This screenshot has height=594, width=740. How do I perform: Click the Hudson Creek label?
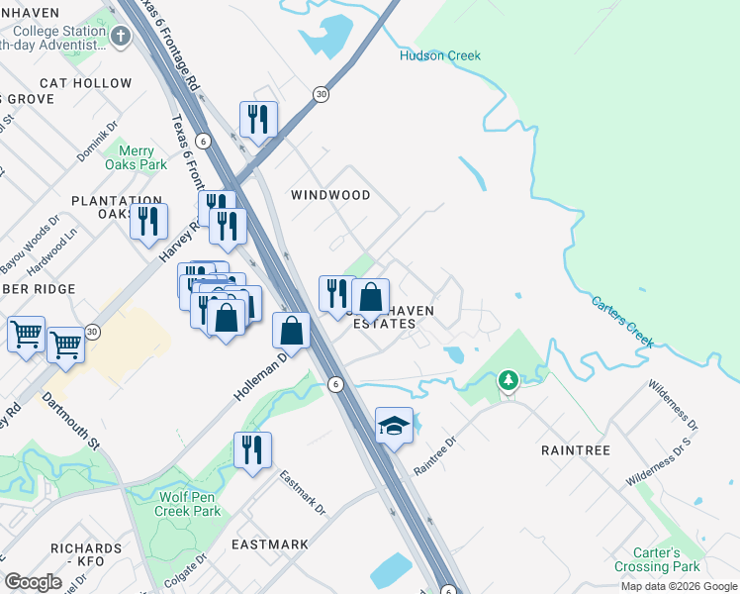(439, 55)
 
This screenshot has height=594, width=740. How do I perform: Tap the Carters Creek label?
(623, 322)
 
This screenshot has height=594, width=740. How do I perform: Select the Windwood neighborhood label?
(330, 195)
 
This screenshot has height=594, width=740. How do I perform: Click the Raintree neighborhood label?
(576, 450)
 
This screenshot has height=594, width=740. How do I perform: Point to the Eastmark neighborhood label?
(269, 544)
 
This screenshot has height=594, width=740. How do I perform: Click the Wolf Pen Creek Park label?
(188, 504)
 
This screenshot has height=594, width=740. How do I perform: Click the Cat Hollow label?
(84, 84)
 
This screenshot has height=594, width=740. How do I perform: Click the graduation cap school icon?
(394, 426)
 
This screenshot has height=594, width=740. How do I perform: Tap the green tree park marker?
(509, 380)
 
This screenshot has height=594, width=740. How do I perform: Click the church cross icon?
(121, 38)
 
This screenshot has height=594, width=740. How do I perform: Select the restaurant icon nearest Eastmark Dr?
(252, 450)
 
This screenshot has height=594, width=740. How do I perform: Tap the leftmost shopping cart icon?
(26, 334)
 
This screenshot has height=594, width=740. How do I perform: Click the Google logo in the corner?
(33, 582)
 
